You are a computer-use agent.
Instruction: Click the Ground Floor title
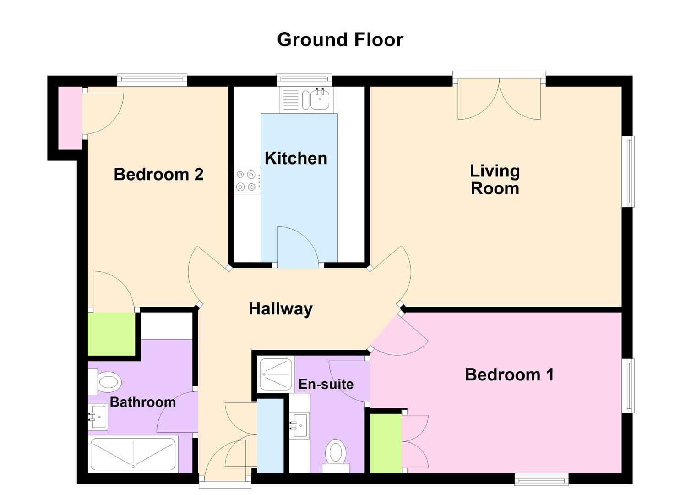pyautogui.click(x=340, y=40)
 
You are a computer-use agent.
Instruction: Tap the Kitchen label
pyautogui.click(x=296, y=159)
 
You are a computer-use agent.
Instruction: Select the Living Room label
pyautogui.click(x=495, y=180)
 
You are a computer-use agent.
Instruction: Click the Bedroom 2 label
pyautogui.click(x=158, y=175)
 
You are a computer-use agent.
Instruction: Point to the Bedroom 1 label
pyautogui.click(x=509, y=375)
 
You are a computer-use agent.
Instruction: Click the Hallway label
pyautogui.click(x=280, y=309)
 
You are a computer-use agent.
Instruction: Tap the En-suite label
pyautogui.click(x=326, y=384)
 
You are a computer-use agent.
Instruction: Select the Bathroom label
pyautogui.click(x=143, y=402)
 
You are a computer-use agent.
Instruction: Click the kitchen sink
pyautogui.click(x=319, y=99)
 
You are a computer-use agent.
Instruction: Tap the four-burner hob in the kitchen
pyautogui.click(x=246, y=180)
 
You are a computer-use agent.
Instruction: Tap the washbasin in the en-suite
pyautogui.click(x=300, y=425)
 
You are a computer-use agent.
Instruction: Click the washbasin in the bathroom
pyautogui.click(x=98, y=417)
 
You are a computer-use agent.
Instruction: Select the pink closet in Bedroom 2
pyautogui.click(x=70, y=118)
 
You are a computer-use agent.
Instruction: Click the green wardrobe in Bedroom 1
pyautogui.click(x=386, y=443)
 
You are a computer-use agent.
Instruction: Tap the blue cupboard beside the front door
pyautogui.click(x=270, y=435)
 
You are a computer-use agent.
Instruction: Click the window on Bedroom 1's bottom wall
pyautogui.click(x=541, y=480)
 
